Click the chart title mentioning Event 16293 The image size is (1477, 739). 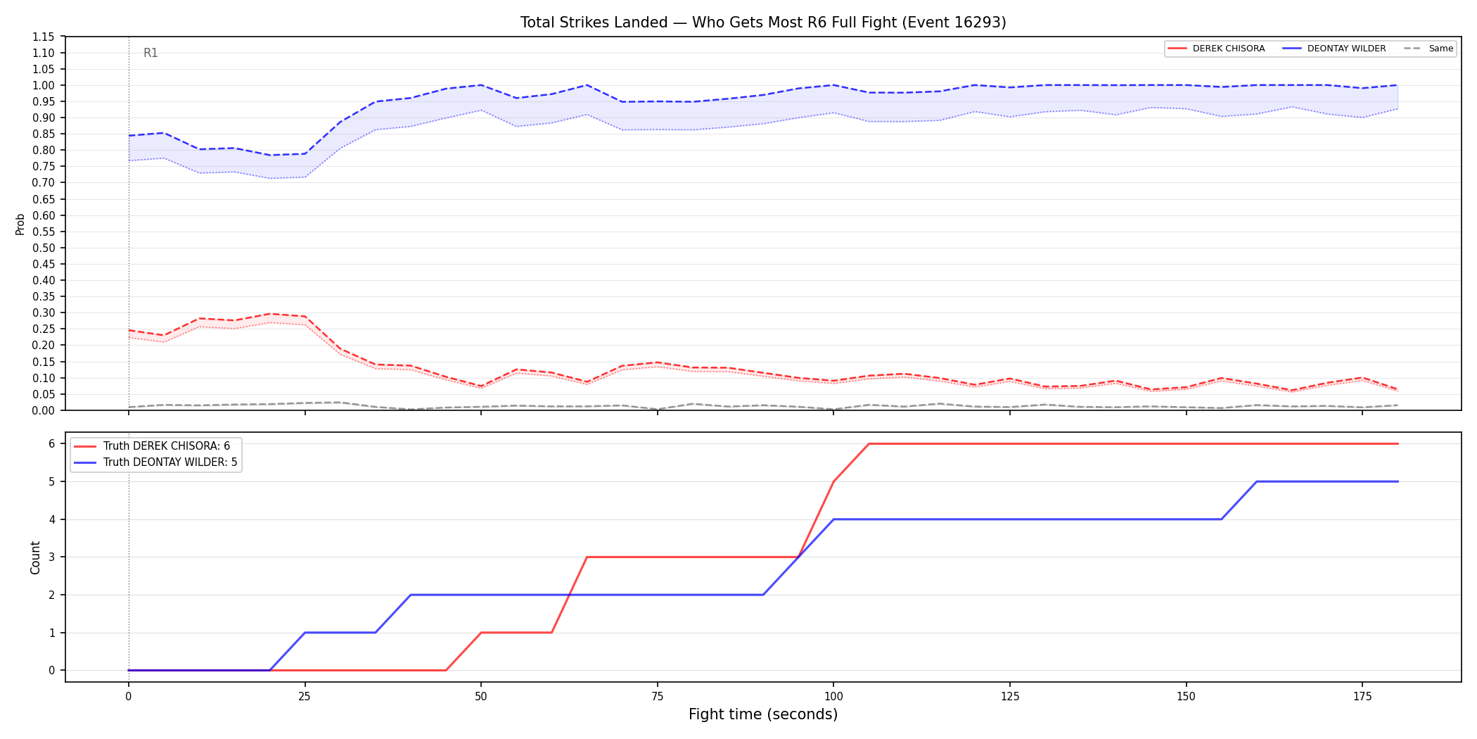763,23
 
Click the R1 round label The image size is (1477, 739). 151,53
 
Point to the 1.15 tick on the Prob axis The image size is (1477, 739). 44,37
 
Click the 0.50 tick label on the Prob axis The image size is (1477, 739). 44,248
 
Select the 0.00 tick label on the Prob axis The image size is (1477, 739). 44,410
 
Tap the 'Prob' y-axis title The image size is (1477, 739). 20,224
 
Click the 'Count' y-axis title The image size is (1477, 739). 35,557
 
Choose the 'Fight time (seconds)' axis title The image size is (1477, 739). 763,714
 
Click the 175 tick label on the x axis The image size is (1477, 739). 1362,697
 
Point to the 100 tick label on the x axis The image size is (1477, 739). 833,697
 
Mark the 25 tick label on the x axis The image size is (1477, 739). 305,697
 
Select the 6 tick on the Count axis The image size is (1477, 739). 52,443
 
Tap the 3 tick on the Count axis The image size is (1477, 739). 52,557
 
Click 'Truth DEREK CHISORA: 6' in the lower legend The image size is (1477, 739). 167,446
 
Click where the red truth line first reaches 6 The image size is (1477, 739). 869,443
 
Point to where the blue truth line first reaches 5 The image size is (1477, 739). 1257,481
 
